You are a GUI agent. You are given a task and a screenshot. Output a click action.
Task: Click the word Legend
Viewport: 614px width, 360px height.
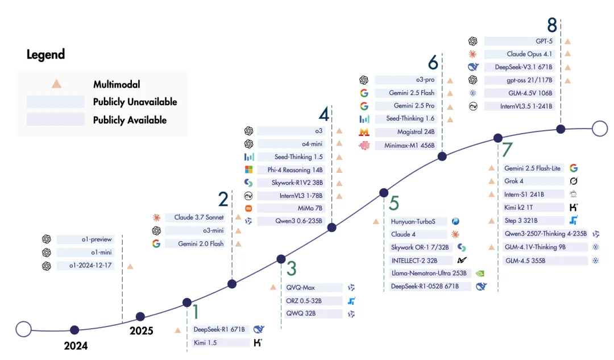pos(45,55)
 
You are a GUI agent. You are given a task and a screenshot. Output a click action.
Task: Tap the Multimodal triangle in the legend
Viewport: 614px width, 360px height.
pos(56,84)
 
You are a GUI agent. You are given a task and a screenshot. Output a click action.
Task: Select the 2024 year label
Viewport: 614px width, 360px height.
pos(76,346)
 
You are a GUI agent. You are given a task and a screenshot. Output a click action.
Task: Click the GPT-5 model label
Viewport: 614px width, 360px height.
pos(544,41)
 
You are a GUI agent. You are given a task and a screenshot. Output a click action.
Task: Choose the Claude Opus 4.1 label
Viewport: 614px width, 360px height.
pos(529,54)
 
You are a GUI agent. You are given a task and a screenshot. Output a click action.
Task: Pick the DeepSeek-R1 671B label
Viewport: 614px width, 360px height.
pos(219,329)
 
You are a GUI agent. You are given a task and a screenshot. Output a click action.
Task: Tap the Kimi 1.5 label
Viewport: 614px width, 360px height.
pos(205,342)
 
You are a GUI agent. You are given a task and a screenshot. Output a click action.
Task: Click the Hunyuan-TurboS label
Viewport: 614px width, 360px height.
pos(413,221)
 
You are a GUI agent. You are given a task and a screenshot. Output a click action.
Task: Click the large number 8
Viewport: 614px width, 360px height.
pos(552,25)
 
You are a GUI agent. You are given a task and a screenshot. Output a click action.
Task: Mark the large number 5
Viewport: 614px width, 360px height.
pos(394,203)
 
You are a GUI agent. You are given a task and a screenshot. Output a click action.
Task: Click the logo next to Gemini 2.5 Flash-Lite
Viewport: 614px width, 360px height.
pos(574,168)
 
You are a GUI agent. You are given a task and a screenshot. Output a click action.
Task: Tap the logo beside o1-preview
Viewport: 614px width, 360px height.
pos(47,239)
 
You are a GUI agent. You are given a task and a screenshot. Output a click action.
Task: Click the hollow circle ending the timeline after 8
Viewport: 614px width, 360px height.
pos(599,129)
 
